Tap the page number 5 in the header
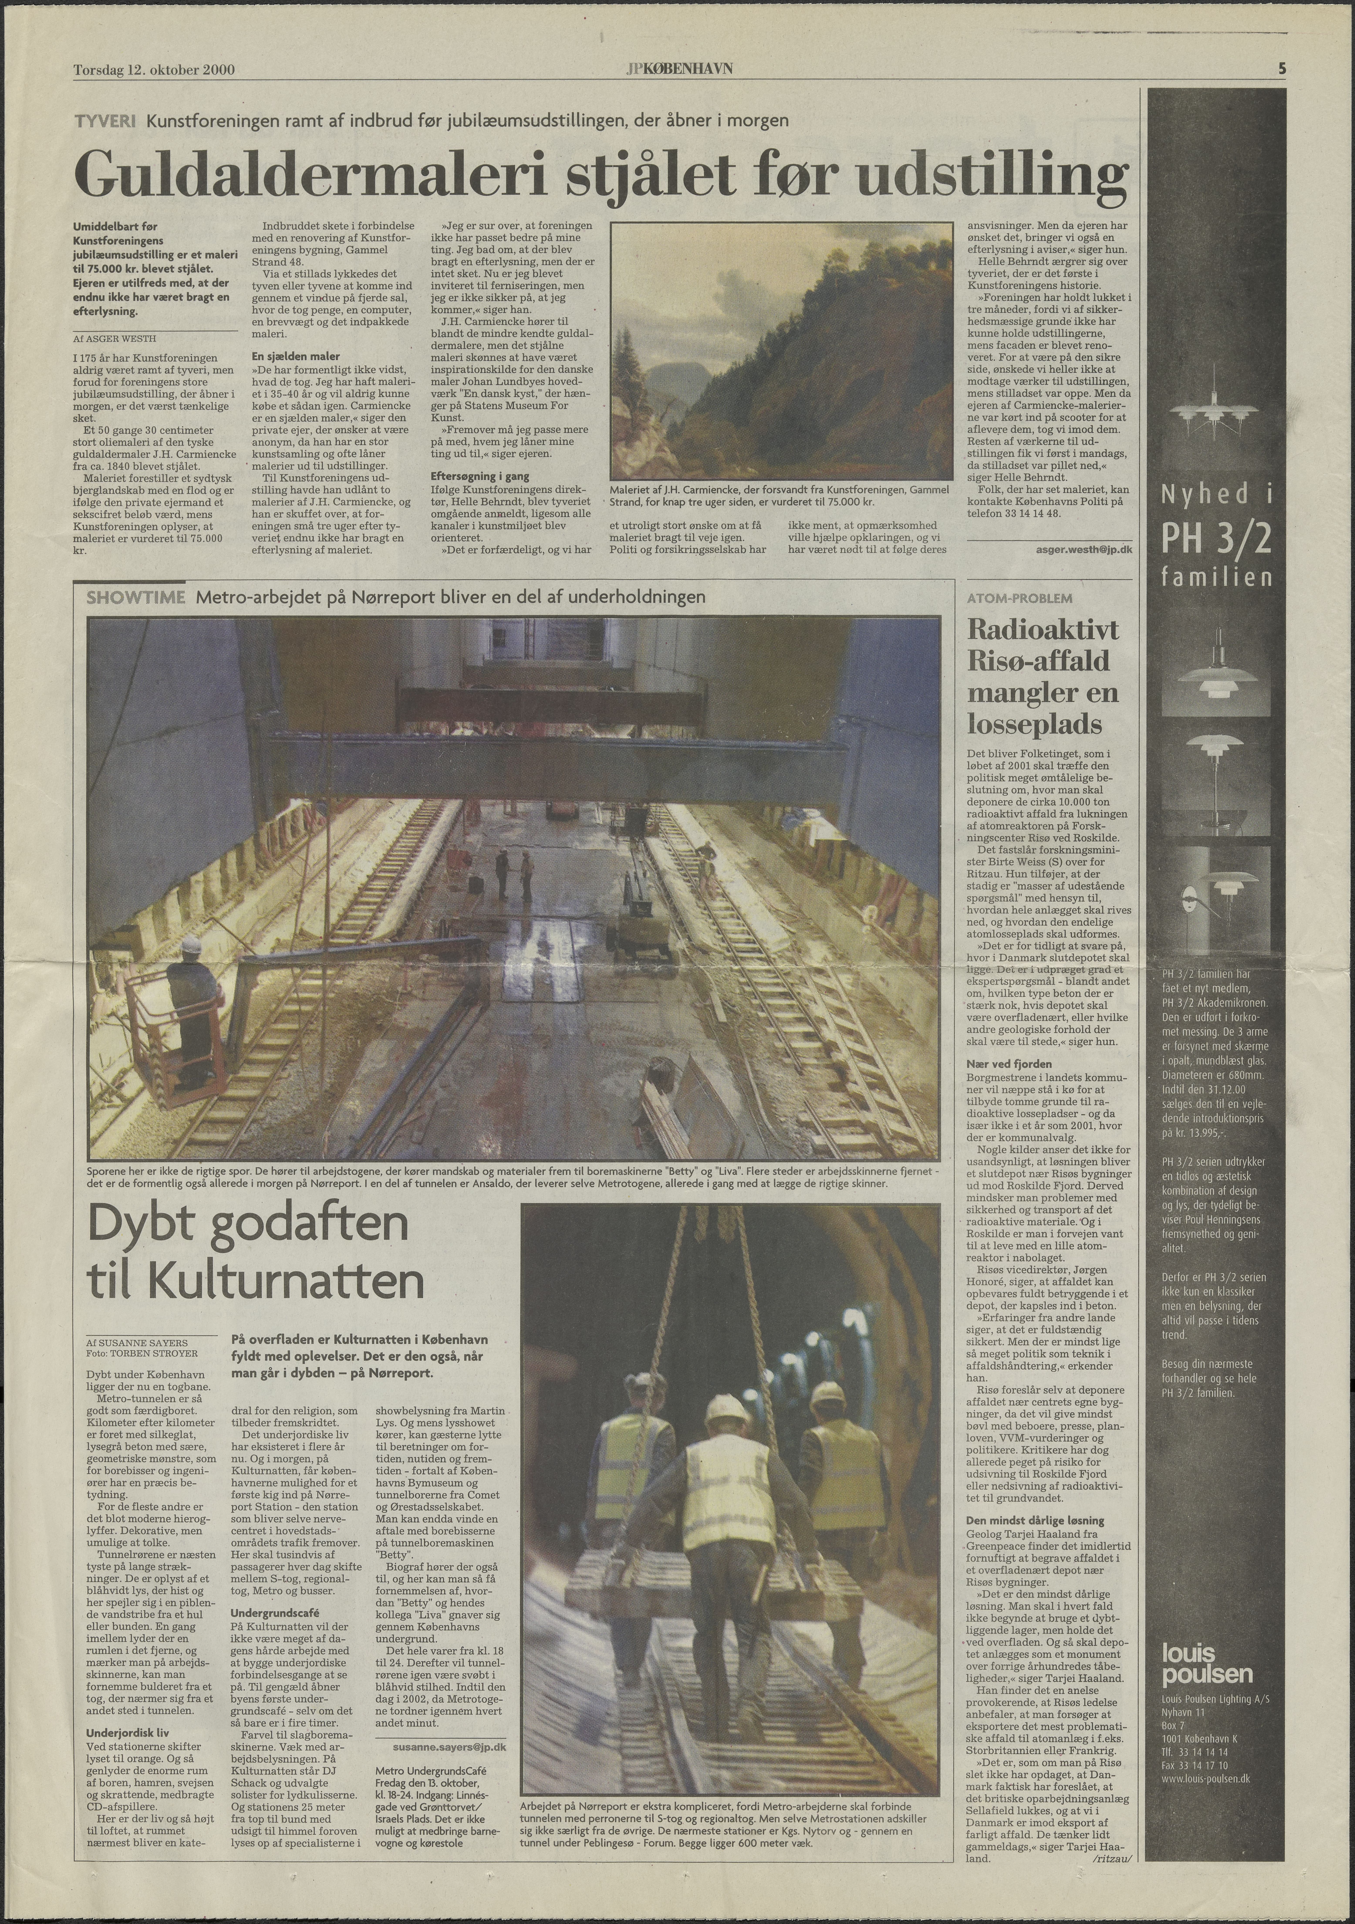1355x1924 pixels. pos(1282,70)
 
